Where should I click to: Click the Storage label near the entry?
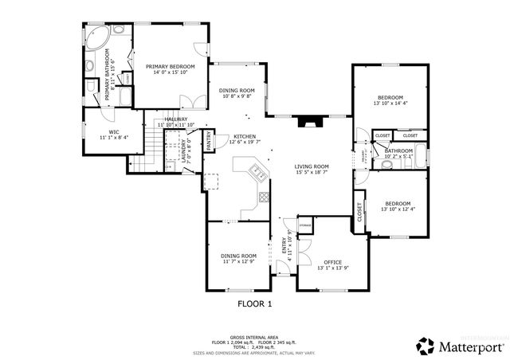305,226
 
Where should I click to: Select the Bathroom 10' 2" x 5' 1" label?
398,153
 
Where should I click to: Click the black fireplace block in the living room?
308,122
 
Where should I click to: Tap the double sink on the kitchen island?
257,170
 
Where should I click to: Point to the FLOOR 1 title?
255,303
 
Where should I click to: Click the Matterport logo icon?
426,346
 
